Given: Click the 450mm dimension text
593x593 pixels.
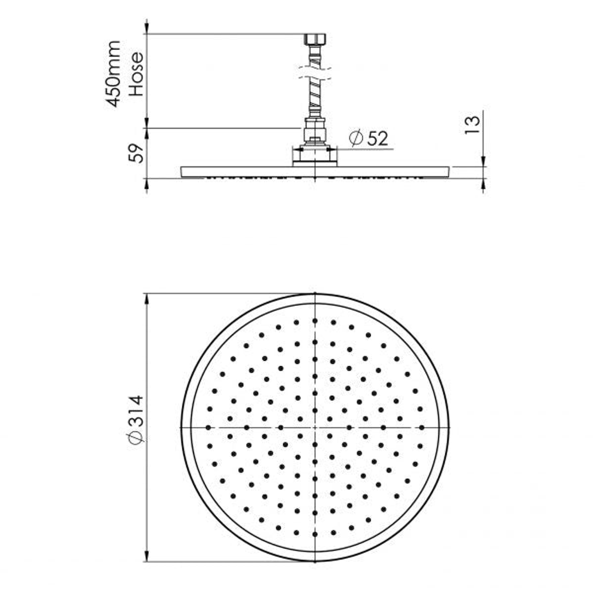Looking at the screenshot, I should tap(114, 74).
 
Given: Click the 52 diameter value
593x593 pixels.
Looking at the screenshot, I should tap(377, 139).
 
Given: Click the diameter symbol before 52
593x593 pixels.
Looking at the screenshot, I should tap(356, 139).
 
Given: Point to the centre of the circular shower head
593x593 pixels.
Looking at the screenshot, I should tap(315, 427).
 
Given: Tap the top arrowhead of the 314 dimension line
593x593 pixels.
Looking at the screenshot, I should tap(147, 299).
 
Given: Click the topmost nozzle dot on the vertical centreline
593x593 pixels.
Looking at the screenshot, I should tap(315, 321).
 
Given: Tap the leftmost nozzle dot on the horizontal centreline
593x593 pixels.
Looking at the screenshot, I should tap(209, 427).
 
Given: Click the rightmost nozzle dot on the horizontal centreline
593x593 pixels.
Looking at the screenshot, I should tap(421, 427).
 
